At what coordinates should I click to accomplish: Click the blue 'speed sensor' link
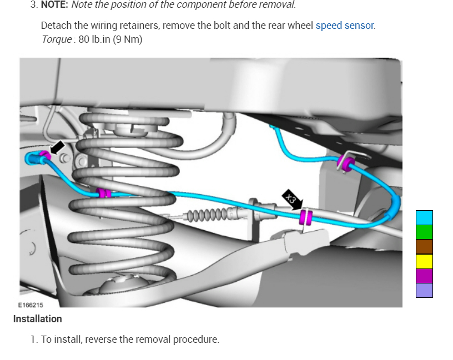tap(345, 26)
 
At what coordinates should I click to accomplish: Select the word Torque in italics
tap(56, 39)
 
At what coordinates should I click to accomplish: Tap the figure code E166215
tap(31, 305)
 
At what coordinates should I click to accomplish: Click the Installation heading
tap(37, 319)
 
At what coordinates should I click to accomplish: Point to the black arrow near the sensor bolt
tap(57, 148)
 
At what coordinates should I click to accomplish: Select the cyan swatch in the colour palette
tap(424, 217)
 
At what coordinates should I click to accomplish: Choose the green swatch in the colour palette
tap(424, 232)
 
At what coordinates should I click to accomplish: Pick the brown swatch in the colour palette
tap(424, 246)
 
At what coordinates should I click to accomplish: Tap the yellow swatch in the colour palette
tap(424, 261)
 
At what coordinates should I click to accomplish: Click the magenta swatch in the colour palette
tap(424, 276)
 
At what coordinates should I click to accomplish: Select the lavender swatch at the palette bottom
tap(424, 290)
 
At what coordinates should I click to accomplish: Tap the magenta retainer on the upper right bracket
tap(346, 164)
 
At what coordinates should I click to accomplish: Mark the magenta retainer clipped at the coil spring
tap(103, 193)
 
